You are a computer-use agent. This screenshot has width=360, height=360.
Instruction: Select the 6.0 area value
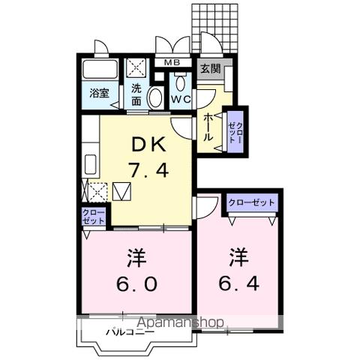pos(136,284)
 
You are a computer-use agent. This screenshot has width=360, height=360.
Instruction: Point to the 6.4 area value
pos(238,284)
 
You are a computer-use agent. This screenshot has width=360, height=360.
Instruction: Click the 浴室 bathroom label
pos(100,94)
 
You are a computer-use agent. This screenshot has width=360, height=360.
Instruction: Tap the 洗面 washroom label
pos(136,94)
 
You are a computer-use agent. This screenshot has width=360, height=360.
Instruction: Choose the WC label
pos(180,97)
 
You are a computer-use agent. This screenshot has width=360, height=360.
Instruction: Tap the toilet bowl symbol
pos(155,97)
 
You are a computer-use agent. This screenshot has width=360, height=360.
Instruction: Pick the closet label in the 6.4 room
pos(251,202)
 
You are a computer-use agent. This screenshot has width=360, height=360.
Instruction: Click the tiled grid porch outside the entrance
pos(218,22)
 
